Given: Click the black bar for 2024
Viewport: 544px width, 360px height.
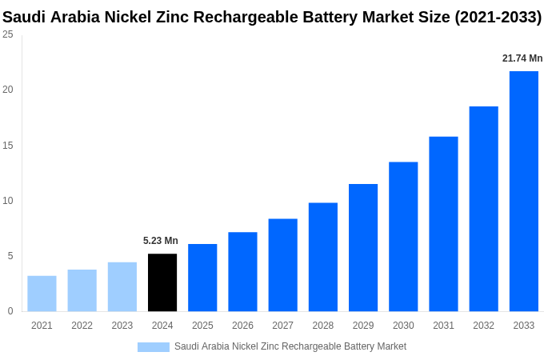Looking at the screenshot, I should tap(162, 282).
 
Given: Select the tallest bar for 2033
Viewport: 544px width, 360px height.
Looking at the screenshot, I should tap(524, 191).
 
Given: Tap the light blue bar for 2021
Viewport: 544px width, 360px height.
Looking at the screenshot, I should tap(42, 294).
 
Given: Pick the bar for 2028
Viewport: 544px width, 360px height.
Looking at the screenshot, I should tap(323, 257).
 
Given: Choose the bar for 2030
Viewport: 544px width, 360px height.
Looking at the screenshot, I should tap(403, 237).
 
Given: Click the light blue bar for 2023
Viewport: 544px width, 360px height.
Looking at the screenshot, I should tap(122, 286).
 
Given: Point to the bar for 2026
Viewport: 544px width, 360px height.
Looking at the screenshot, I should tap(242, 272).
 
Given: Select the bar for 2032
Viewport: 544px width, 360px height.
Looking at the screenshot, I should tap(483, 209).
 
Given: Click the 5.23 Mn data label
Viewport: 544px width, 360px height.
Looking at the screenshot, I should tap(161, 241).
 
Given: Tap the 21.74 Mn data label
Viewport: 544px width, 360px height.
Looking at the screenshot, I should tap(522, 58).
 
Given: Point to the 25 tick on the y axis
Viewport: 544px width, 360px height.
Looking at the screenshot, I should tap(8, 34).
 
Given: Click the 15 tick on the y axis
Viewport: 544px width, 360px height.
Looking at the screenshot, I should tap(8, 146).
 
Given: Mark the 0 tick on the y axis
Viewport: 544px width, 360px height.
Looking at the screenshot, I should tap(10, 311).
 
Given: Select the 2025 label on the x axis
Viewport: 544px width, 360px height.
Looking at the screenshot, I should tap(202, 326).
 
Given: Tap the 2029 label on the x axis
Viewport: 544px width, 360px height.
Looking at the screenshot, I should tap(363, 326).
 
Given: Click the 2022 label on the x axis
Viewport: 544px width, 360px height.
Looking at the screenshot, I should tap(82, 326).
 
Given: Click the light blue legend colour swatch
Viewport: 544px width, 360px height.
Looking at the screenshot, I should tap(154, 347).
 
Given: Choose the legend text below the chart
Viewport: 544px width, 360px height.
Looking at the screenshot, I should tap(290, 346).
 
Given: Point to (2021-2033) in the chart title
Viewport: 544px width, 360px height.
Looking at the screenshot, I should tap(498, 17).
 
